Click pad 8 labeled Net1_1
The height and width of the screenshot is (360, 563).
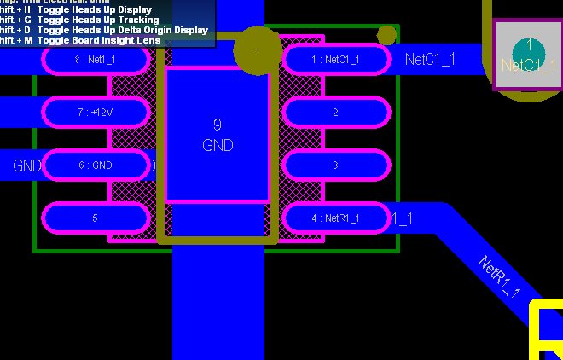[96, 60]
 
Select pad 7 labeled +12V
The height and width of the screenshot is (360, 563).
[96, 112]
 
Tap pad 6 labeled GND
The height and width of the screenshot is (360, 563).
[96, 165]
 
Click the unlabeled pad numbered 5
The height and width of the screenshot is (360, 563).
[96, 218]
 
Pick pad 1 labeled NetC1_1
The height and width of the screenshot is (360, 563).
[335, 59]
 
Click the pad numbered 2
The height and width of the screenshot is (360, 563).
[335, 112]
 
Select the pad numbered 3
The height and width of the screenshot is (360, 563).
[335, 165]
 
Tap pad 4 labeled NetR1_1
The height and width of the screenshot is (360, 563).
[335, 218]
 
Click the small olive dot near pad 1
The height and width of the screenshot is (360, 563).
[386, 34]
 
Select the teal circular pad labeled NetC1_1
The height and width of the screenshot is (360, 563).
[529, 53]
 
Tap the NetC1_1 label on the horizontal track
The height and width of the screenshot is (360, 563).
[430, 59]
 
